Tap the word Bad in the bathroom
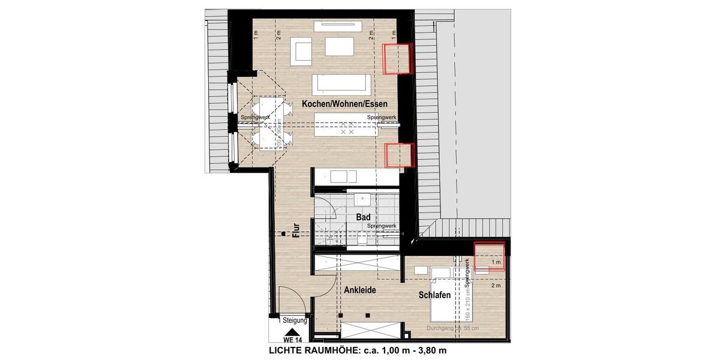coord(362,217)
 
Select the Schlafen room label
coord(435,295)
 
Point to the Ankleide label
coord(359,290)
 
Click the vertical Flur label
coord(295,231)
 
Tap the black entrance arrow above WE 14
coord(291,331)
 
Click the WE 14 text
coord(291,340)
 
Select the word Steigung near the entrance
coord(295,320)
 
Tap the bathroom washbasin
coord(362,199)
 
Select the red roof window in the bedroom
coord(489,256)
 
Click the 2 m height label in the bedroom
coord(495,286)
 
